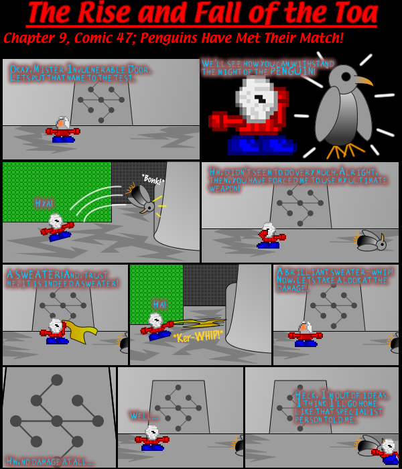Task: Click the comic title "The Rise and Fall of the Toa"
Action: (x=201, y=13)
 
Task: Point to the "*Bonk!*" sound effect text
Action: (x=153, y=180)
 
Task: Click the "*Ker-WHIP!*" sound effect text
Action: (x=197, y=335)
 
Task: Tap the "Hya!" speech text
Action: (x=44, y=203)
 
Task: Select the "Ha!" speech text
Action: (x=159, y=304)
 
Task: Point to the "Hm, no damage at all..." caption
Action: (x=50, y=461)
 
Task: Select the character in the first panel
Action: (x=62, y=130)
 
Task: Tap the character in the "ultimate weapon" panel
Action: (x=270, y=236)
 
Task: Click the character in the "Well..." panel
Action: (x=152, y=438)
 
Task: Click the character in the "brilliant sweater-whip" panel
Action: (x=305, y=333)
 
